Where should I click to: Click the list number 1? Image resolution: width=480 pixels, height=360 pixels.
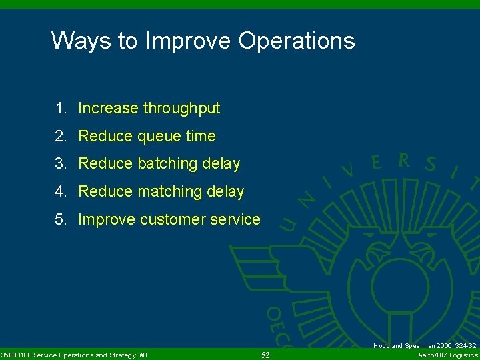(x=61, y=108)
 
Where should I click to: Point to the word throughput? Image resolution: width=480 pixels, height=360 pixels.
(x=181, y=108)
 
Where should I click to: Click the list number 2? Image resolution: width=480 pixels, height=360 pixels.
(x=61, y=136)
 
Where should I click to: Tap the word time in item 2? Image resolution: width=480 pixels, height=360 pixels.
(x=201, y=136)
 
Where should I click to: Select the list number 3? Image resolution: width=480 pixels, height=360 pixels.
(x=61, y=164)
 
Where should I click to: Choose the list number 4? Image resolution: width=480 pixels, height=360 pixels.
(x=61, y=192)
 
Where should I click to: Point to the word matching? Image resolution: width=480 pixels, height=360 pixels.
(x=170, y=192)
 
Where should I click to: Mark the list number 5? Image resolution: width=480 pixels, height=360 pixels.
(x=61, y=220)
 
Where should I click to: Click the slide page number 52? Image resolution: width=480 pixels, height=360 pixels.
(x=265, y=355)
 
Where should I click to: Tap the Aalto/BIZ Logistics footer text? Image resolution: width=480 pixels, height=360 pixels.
(x=447, y=355)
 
